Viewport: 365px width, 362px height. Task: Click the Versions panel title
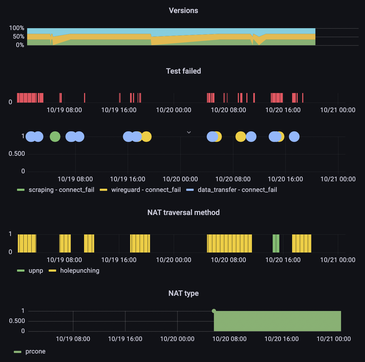tap(183, 11)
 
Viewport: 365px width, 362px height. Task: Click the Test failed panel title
tap(183, 71)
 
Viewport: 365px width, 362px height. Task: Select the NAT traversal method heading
tap(183, 213)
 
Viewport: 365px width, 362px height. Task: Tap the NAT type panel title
tap(183, 293)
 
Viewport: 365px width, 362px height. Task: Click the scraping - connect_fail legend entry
tap(61, 190)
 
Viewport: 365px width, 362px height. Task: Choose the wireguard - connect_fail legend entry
tap(146, 190)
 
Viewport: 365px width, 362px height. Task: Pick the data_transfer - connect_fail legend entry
tap(237, 190)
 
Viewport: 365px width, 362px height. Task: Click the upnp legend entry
tap(36, 271)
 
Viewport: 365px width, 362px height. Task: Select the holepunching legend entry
tap(80, 271)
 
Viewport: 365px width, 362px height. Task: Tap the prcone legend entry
tap(35, 351)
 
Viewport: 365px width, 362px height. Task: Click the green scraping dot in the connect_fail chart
tap(55, 137)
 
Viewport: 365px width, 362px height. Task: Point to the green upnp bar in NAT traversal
tap(276, 243)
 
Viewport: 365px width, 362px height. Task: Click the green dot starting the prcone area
tap(214, 311)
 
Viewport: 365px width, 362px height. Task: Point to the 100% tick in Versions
tap(16, 28)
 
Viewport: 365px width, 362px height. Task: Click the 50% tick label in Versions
tap(18, 37)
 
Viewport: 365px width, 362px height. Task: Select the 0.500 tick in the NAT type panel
tap(17, 321)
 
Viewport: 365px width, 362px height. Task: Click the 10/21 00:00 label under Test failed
tap(338, 110)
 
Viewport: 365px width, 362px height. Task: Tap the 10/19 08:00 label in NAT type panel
tap(73, 339)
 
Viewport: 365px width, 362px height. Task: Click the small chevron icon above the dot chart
tap(189, 132)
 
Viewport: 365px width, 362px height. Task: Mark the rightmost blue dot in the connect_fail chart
tap(294, 137)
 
